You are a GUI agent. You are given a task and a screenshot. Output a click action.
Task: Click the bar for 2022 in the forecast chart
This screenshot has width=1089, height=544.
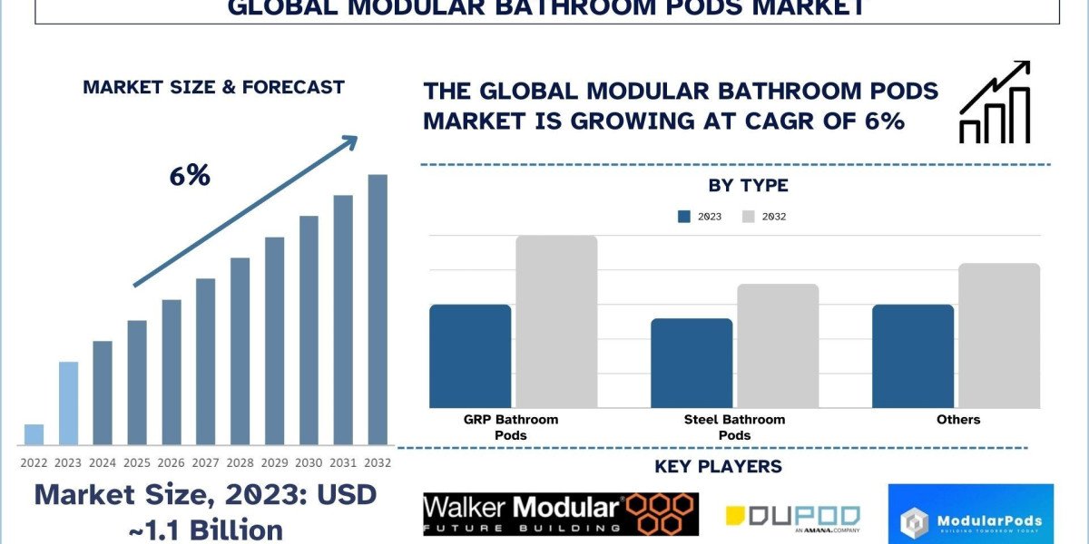point(34,434)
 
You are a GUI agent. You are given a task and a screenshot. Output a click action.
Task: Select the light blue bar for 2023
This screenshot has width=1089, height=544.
point(68,403)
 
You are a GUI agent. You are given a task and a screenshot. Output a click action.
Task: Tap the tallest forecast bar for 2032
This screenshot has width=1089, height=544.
point(378,310)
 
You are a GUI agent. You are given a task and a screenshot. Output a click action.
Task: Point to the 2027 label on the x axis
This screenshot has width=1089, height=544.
point(205,461)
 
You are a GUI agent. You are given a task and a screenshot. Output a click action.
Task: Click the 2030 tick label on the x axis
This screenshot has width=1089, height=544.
point(309,461)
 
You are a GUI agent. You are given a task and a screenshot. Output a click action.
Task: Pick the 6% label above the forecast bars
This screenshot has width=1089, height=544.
point(190,176)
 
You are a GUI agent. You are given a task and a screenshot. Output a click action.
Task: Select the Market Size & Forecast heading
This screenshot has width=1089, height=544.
point(213,87)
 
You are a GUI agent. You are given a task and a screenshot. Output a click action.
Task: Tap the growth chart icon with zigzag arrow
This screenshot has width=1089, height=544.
point(995,102)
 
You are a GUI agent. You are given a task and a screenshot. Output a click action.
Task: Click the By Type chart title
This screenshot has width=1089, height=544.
point(748,186)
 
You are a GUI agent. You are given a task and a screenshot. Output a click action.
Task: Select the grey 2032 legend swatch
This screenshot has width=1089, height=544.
point(749,217)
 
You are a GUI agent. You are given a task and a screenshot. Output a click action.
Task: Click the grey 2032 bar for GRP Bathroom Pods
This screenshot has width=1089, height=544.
point(556,322)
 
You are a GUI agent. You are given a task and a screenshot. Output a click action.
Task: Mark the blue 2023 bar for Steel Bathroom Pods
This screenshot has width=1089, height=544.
point(692,363)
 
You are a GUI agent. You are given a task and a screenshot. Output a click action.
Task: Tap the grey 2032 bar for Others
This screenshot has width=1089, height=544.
point(999,335)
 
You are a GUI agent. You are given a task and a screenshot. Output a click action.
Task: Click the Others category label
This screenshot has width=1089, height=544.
point(958,419)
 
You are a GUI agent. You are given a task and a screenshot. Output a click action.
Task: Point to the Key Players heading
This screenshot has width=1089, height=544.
point(718,467)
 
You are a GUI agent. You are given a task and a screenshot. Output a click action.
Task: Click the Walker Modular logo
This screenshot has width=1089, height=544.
point(560,514)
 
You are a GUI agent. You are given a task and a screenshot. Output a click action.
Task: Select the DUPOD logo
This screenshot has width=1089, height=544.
point(792,517)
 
